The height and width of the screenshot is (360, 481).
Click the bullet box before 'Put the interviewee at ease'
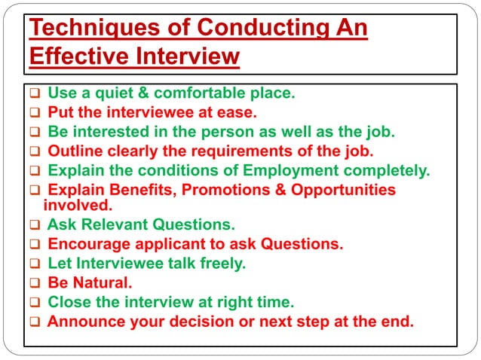35,114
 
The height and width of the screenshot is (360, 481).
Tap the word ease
239,113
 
